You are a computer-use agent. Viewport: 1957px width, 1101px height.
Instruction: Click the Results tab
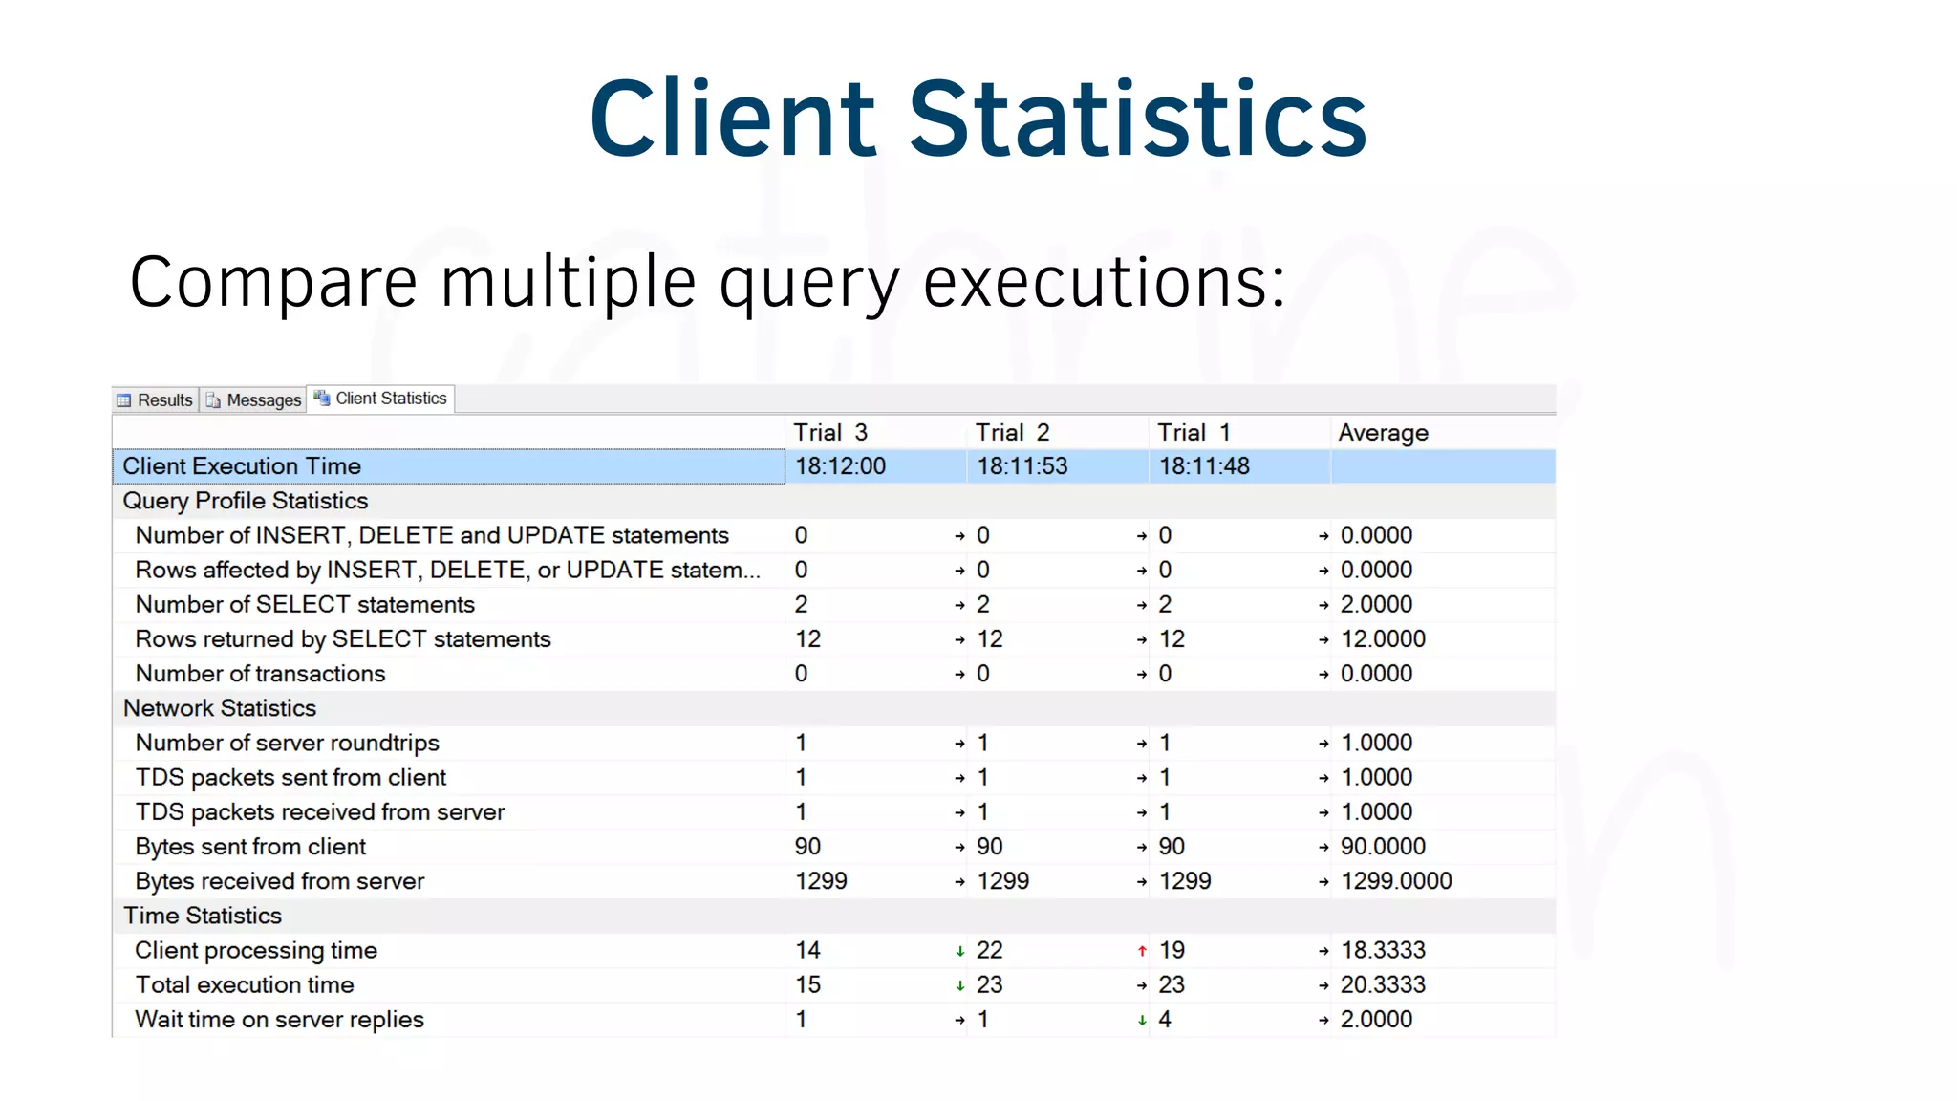pyautogui.click(x=156, y=399)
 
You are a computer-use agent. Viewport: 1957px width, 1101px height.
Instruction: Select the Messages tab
pyautogui.click(x=254, y=399)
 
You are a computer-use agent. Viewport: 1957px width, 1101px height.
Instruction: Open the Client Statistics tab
pyautogui.click(x=381, y=399)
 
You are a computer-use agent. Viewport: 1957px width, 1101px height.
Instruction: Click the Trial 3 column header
pyautogui.click(x=829, y=432)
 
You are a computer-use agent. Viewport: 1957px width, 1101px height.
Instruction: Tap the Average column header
pyautogui.click(x=1382, y=432)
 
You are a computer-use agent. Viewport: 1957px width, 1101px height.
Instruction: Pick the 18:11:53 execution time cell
pyautogui.click(x=1022, y=466)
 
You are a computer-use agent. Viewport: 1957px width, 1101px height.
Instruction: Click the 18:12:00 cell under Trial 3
pyautogui.click(x=840, y=466)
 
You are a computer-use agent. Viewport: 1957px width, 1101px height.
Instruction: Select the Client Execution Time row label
pyautogui.click(x=242, y=466)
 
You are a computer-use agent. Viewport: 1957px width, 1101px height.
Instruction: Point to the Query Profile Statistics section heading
pyautogui.click(x=245, y=501)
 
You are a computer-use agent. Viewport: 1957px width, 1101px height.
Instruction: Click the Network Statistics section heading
pyautogui.click(x=219, y=708)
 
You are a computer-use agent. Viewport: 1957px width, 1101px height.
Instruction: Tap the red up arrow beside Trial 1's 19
pyautogui.click(x=1142, y=951)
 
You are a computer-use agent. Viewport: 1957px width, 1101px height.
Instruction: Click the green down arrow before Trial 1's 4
pyautogui.click(x=1142, y=1021)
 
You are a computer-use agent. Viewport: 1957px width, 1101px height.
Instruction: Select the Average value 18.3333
pyautogui.click(x=1382, y=950)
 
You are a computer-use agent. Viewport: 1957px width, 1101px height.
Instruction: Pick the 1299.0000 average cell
pyautogui.click(x=1395, y=881)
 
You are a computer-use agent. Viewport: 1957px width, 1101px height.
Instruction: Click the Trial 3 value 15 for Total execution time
pyautogui.click(x=807, y=984)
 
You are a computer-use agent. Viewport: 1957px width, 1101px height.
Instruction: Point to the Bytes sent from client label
pyautogui.click(x=250, y=847)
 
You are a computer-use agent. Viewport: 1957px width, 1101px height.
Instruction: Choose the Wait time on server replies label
pyautogui.click(x=279, y=1020)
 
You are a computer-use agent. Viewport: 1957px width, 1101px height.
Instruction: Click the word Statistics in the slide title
pyautogui.click(x=1137, y=119)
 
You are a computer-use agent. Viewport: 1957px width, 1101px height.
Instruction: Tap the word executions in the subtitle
pyautogui.click(x=1104, y=282)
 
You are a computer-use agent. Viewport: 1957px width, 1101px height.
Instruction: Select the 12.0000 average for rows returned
pyautogui.click(x=1382, y=638)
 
